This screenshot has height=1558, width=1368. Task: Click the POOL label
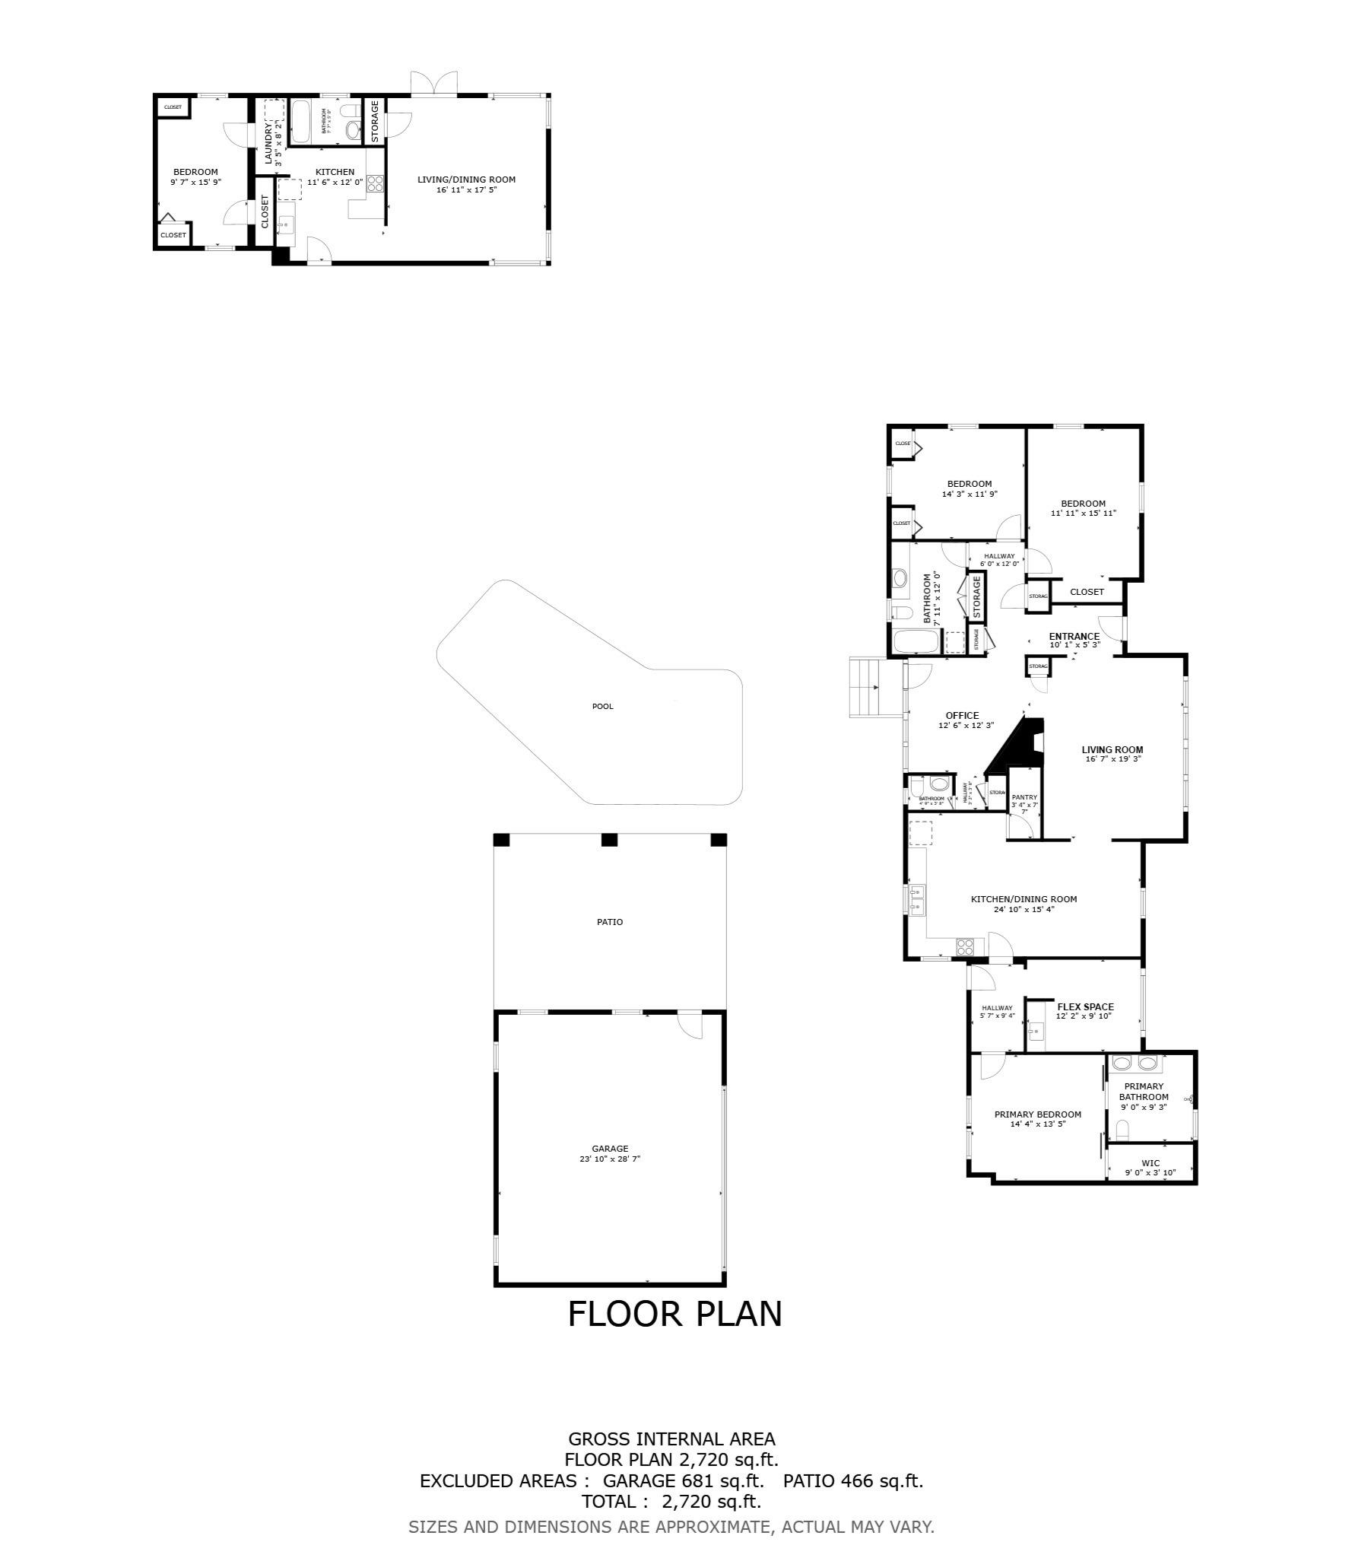[x=602, y=706]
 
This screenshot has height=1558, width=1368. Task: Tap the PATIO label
[x=609, y=921]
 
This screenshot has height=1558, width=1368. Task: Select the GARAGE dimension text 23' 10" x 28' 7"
[x=610, y=1159]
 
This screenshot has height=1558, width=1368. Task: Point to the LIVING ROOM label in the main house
[x=1112, y=749]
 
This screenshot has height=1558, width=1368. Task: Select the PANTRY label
[x=1024, y=797]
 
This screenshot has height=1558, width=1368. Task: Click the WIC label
[x=1150, y=1163]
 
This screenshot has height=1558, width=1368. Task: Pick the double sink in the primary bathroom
[x=1135, y=1063]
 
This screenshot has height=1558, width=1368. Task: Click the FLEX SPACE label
[x=1085, y=1006]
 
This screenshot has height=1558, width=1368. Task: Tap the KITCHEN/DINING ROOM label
[x=1024, y=898]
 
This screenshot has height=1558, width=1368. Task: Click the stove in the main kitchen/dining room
[x=965, y=946]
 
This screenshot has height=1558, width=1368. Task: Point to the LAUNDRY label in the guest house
[x=268, y=144]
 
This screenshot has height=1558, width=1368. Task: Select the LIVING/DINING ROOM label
[x=466, y=180]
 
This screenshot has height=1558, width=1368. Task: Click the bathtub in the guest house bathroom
[x=300, y=121]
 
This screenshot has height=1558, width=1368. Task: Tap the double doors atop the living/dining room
[x=434, y=83]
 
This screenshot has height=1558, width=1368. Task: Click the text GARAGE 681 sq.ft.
[x=683, y=1481]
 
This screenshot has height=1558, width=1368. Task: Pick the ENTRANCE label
[x=1074, y=637]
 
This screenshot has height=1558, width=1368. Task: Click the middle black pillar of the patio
[x=608, y=840]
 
